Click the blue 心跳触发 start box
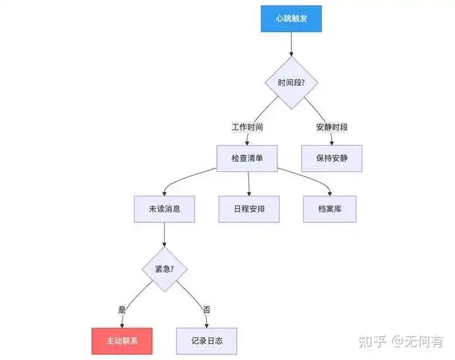point(291,18)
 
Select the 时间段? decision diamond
point(291,83)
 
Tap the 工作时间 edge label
point(247,127)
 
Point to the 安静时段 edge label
point(332,127)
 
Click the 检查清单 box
point(247,159)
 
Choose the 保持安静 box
point(332,159)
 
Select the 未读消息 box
point(164,209)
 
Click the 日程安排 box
point(249,209)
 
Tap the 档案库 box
point(330,209)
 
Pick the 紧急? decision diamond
point(164,269)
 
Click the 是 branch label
point(122,309)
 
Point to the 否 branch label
point(206,309)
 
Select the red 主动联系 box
point(122,341)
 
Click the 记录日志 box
point(207,341)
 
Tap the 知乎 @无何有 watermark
point(401,342)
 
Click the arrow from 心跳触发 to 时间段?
point(291,44)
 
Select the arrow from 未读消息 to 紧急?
point(164,235)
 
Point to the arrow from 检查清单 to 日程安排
point(248,184)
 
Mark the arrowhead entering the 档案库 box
point(329,194)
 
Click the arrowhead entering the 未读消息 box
point(164,194)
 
